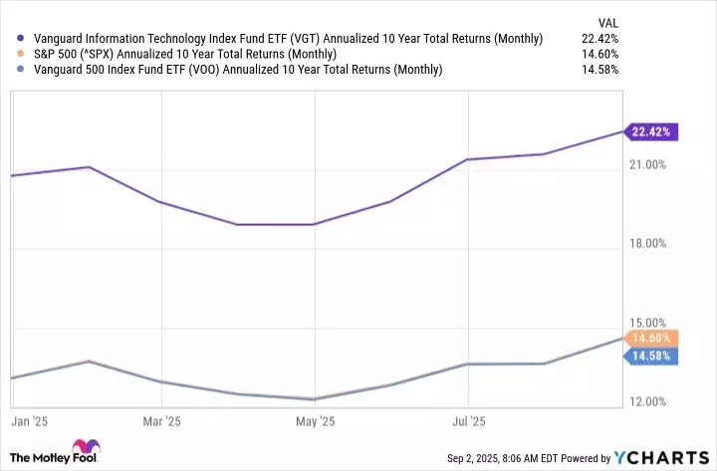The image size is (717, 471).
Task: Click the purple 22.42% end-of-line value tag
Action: (651, 131)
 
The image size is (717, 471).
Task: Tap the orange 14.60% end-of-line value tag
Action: (651, 339)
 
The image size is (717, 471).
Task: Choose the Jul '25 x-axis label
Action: (469, 422)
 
